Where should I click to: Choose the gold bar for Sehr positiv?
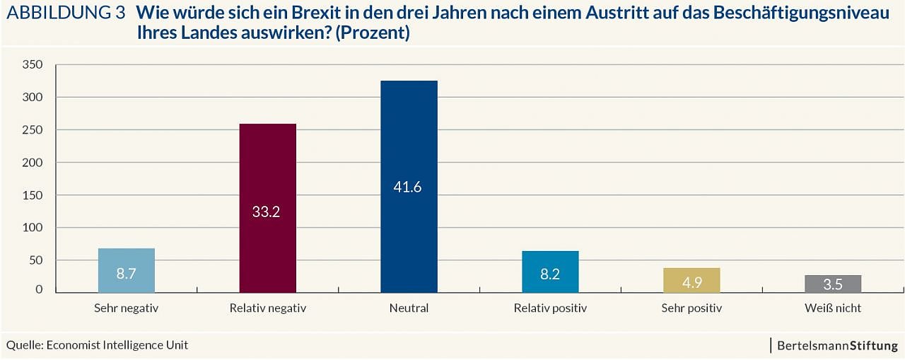click(x=691, y=280)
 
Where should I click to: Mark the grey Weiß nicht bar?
click(x=833, y=284)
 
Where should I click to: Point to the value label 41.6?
click(x=408, y=187)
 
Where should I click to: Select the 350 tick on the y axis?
click(x=33, y=64)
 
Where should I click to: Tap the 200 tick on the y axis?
click(x=33, y=162)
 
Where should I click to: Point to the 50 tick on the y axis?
click(x=35, y=260)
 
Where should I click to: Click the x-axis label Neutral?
click(x=409, y=308)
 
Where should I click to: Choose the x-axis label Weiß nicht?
click(x=833, y=308)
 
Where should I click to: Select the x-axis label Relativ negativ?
click(x=267, y=308)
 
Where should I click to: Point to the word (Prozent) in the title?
click(x=373, y=33)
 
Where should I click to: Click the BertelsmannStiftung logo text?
click(x=837, y=346)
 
